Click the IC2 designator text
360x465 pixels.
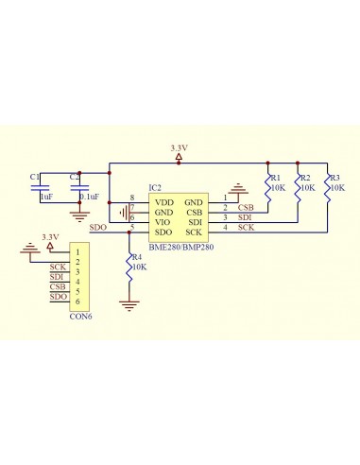click(156, 188)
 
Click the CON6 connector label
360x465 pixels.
click(80, 316)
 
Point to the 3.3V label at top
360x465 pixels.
click(179, 148)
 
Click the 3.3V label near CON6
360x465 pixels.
click(50, 236)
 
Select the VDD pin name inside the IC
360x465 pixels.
click(163, 202)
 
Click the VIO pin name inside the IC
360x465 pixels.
click(163, 222)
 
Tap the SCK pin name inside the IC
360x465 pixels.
click(194, 232)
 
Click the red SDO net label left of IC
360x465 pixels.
click(97, 228)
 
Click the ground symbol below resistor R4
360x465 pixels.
click(129, 304)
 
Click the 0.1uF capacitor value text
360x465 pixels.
click(91, 197)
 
